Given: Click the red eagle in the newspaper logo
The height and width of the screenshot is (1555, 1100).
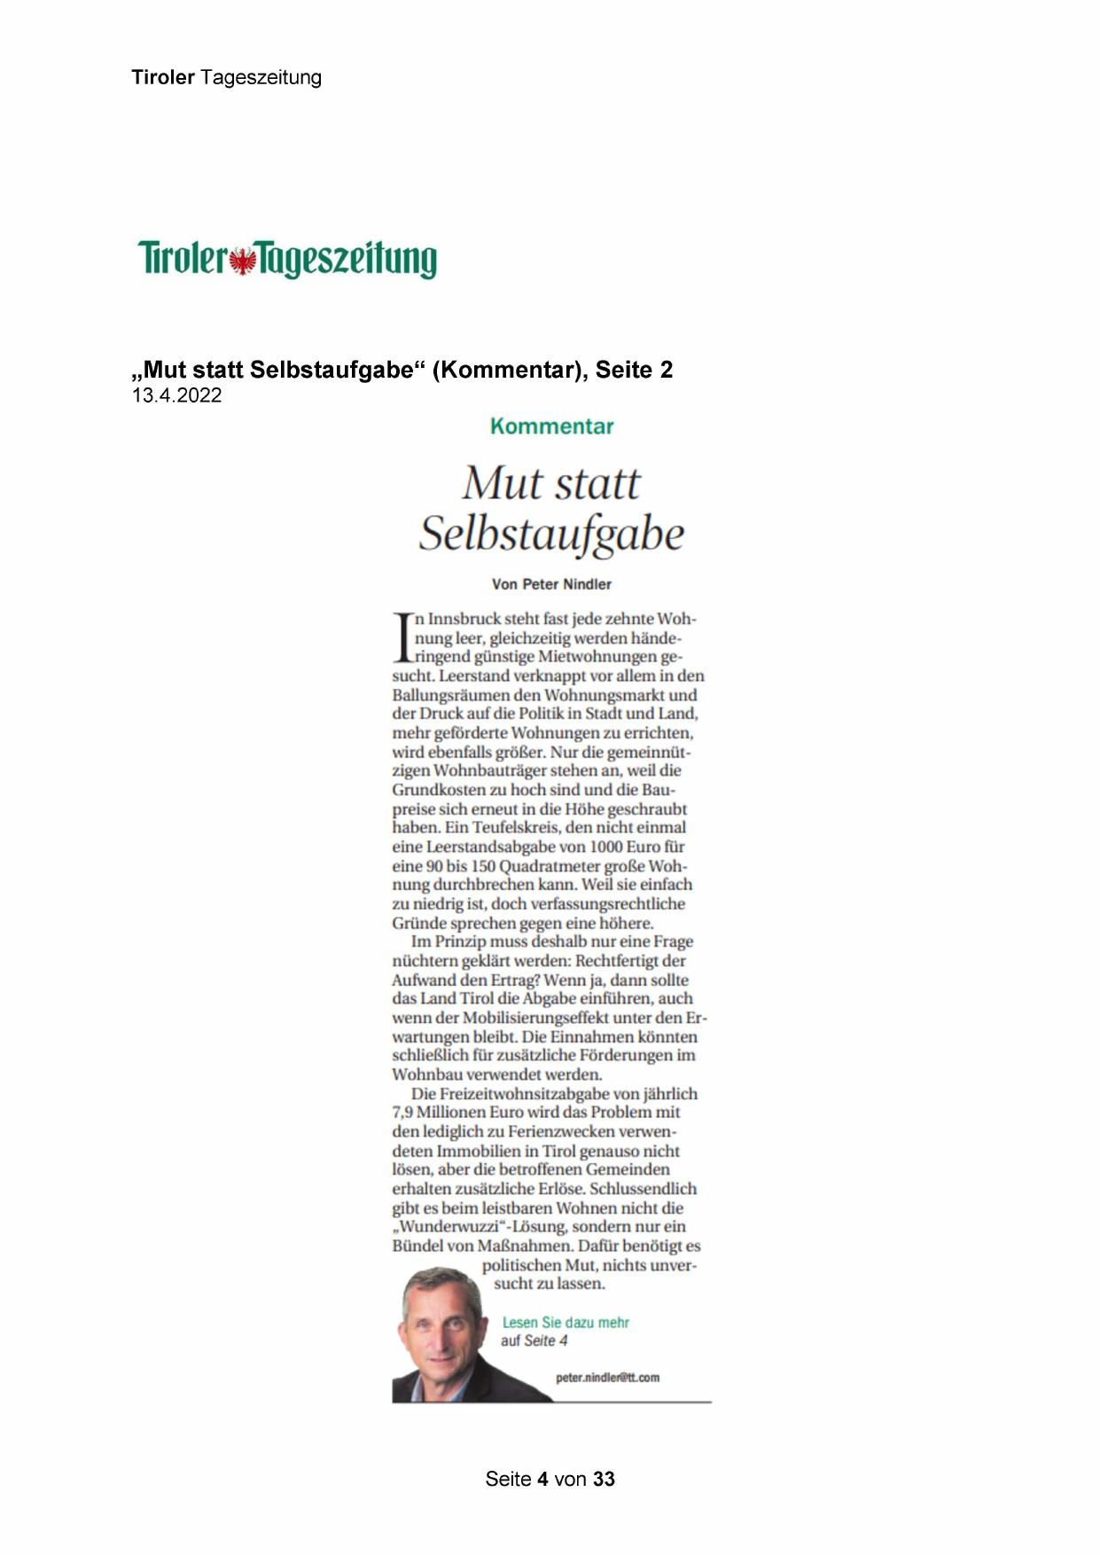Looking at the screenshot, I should click(241, 261).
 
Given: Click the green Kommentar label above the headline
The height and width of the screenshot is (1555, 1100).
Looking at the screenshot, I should click(551, 426).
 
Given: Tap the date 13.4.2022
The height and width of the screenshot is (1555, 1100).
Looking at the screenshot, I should click(176, 395).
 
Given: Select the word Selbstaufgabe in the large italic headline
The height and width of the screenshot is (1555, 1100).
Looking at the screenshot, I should click(551, 534).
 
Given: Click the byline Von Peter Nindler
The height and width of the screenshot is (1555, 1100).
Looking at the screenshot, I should click(551, 584).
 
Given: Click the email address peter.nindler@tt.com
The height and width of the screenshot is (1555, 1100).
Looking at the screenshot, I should click(607, 1378).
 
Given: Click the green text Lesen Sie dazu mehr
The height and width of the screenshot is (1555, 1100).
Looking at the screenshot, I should click(566, 1322).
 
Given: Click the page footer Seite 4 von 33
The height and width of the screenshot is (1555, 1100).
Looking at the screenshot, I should click(550, 1479).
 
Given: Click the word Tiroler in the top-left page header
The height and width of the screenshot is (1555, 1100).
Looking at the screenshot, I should click(163, 78).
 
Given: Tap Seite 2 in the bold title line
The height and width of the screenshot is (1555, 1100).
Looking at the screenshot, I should click(634, 370).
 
